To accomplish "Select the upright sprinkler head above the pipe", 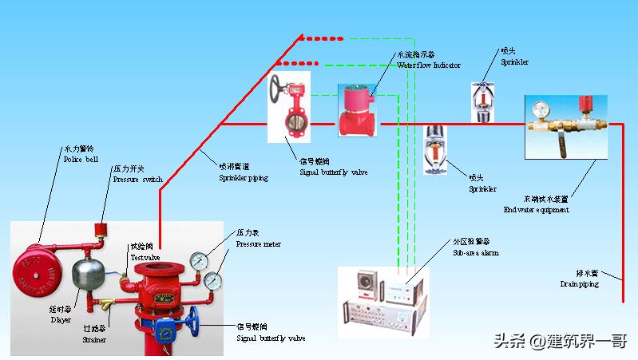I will point(481,101).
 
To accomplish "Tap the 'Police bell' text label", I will point(79,159).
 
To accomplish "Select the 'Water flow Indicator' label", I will point(430,65).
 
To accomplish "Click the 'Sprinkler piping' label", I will point(244,178).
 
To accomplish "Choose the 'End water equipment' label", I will point(536,209).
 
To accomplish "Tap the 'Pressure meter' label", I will point(259,243).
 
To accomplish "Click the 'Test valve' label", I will point(145,257).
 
